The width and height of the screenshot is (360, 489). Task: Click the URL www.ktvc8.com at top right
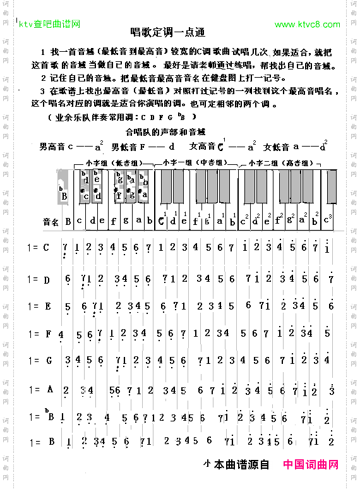click(x=308, y=25)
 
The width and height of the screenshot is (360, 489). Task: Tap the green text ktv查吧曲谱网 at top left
click(x=49, y=25)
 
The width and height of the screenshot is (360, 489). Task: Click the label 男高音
click(x=52, y=147)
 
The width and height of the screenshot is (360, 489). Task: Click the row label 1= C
click(x=39, y=248)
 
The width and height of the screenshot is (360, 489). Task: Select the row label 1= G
click(x=39, y=361)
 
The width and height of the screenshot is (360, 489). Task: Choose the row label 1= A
click(x=39, y=389)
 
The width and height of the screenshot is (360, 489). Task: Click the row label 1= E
click(x=39, y=306)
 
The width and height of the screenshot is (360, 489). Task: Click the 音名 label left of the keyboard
click(x=51, y=222)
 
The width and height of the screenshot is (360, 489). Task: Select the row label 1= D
click(x=39, y=279)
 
